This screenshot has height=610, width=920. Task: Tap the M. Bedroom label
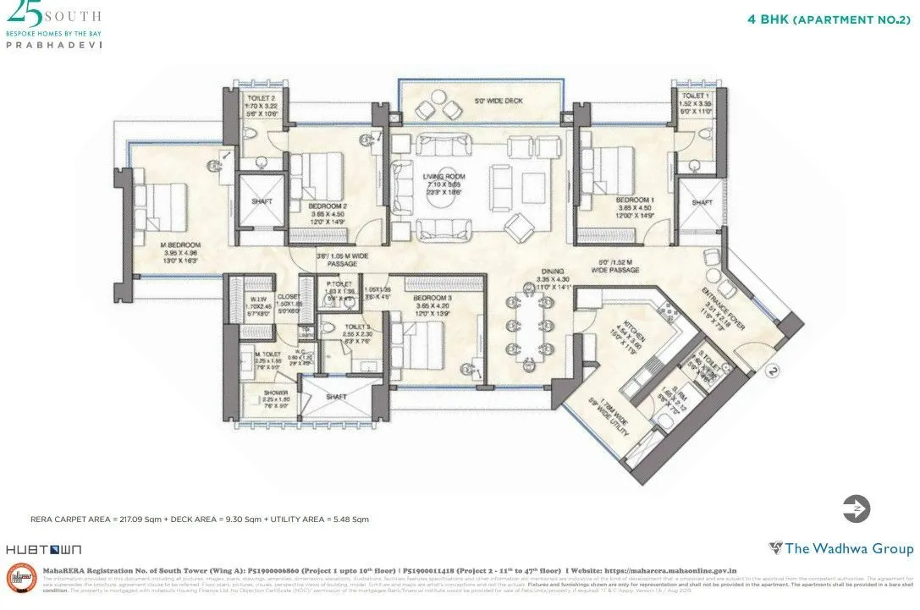(x=179, y=245)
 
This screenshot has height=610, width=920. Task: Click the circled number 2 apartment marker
(x=771, y=370)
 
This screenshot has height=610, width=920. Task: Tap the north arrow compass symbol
(x=857, y=508)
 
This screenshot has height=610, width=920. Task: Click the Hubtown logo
(x=32, y=549)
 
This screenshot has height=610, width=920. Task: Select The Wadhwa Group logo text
(x=841, y=548)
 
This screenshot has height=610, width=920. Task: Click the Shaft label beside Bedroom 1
(x=702, y=203)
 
